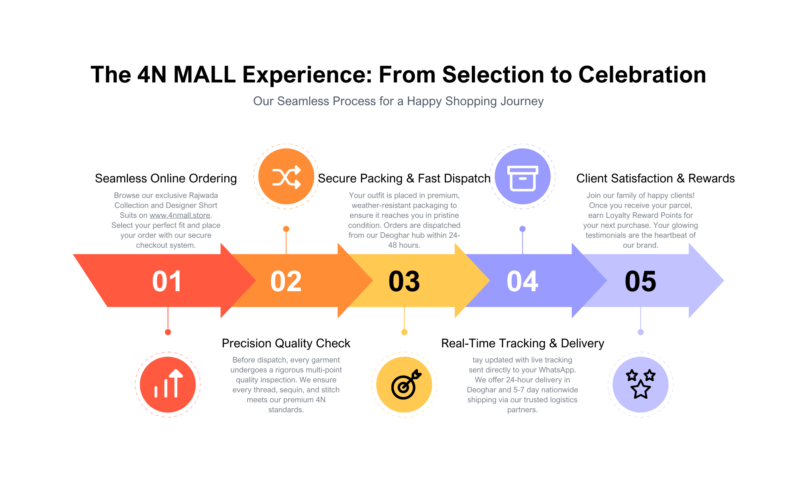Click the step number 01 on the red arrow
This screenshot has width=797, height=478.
point(167,281)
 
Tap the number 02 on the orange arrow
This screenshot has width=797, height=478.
point(286,281)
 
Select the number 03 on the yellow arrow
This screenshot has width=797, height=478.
point(404,281)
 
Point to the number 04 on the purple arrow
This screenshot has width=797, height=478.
point(522,281)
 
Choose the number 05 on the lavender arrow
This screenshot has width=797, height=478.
point(640,281)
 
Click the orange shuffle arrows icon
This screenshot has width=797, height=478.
point(286,176)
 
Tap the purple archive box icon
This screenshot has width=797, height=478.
point(522,176)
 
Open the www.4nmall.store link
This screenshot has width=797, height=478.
point(180,215)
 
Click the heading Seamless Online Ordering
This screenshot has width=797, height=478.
point(166,178)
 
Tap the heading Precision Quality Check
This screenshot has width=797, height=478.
point(286,343)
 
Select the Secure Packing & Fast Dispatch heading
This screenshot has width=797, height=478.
point(404,178)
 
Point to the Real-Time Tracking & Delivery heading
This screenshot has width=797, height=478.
point(522,343)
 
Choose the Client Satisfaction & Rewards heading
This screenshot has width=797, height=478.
point(656,178)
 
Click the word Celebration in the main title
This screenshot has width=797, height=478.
point(642,75)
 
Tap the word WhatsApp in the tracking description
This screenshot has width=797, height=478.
point(557,370)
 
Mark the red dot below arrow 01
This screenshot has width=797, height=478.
point(168,332)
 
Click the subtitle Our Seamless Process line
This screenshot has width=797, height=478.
point(398,101)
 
